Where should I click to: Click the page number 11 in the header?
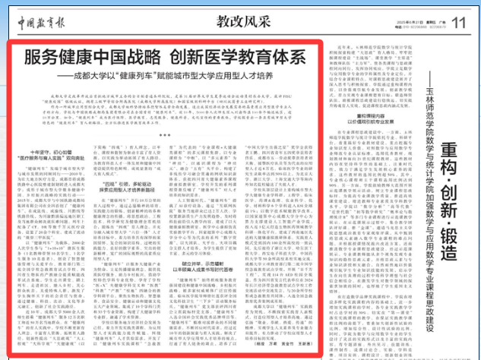(x=456, y=23)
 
